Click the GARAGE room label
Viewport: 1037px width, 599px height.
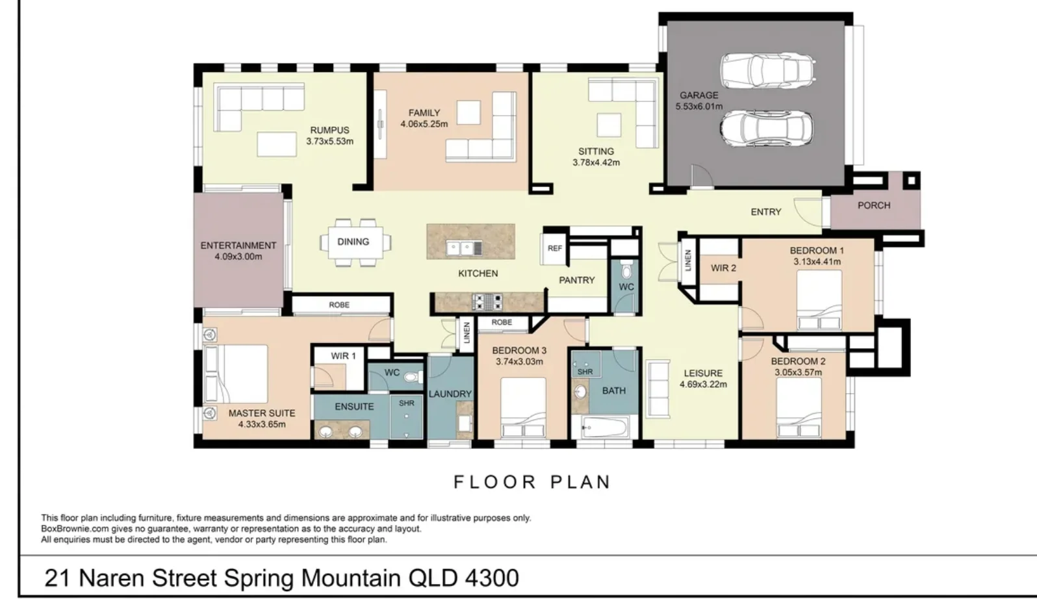[699, 96]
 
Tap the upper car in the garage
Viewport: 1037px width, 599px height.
[767, 71]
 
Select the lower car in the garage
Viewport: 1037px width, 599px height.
[767, 128]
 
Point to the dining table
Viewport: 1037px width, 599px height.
[355, 242]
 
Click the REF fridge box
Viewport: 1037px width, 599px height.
[555, 248]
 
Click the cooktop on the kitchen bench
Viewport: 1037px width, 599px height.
[487, 302]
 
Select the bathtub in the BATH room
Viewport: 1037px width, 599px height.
[605, 426]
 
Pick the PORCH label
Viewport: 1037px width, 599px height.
[873, 205]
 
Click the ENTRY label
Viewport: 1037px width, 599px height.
[765, 212]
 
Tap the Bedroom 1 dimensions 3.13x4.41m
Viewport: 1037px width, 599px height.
[817, 262]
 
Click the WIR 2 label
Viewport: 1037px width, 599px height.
[723, 268]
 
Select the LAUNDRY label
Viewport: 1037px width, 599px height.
[450, 394]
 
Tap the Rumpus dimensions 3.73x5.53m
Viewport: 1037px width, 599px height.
[329, 141]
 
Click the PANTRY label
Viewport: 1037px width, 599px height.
[577, 280]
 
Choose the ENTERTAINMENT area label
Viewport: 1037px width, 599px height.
[238, 246]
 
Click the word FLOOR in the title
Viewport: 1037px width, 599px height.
[495, 482]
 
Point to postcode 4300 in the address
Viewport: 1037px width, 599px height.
[492, 578]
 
